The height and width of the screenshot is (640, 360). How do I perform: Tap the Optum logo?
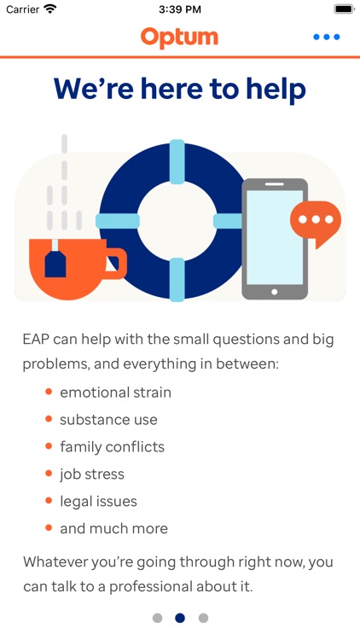tap(179, 37)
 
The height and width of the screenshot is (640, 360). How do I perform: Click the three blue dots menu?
tap(326, 38)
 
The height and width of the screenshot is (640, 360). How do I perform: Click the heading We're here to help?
tap(179, 89)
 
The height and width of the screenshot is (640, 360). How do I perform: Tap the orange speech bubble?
tap(315, 221)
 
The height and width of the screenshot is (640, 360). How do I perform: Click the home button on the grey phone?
tap(274, 291)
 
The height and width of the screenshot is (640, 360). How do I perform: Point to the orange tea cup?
tap(68, 271)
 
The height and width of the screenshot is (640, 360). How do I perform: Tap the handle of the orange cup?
tap(114, 264)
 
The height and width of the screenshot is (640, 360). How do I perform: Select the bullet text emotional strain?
tap(115, 393)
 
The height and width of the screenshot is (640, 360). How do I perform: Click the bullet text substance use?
tap(108, 420)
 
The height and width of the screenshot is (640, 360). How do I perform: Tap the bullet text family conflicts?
tap(112, 447)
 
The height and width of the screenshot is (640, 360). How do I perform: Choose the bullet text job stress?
tap(92, 474)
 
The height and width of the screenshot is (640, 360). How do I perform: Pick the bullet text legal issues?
tap(98, 502)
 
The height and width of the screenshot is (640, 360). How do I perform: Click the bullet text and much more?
tap(113, 529)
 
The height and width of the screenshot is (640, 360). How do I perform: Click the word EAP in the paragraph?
tap(37, 339)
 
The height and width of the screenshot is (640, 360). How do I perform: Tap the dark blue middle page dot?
tap(180, 618)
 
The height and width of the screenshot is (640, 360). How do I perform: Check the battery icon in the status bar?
tap(343, 9)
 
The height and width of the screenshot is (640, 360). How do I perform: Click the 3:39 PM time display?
tap(179, 9)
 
